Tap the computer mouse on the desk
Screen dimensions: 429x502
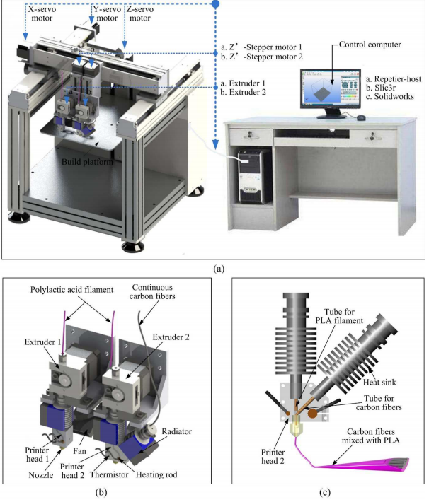tap(361, 118)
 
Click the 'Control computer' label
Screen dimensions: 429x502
tap(370, 45)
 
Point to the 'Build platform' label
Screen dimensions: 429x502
tap(87, 162)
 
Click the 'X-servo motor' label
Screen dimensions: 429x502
tap(42, 13)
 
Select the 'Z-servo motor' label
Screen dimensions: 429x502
tap(139, 13)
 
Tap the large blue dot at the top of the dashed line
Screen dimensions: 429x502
tap(216, 4)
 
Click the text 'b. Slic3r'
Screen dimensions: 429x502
tap(381, 88)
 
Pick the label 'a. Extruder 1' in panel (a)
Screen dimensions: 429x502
tap(243, 83)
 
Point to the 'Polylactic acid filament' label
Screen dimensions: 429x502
tap(71, 290)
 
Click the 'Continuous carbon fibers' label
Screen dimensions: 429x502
tap(152, 292)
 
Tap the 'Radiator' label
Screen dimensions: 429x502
tap(177, 431)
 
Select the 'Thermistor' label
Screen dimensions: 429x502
tap(109, 474)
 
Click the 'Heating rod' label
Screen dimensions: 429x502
tap(156, 474)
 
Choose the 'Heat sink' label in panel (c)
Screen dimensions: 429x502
tap(379, 383)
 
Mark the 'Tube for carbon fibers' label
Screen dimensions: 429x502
tap(379, 403)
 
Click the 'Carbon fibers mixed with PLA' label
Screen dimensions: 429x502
tap(371, 436)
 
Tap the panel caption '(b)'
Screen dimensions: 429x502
tap(101, 492)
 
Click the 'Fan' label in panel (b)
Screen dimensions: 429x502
tap(79, 451)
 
